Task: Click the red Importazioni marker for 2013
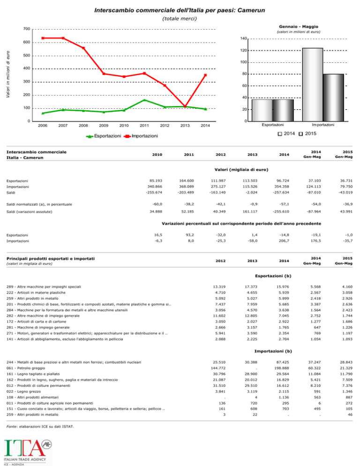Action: pyautogui.click(x=185, y=106)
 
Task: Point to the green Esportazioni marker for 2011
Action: pyautogui.click(x=144, y=100)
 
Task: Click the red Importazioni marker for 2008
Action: pyautogui.click(x=83, y=48)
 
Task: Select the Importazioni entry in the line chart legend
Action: pyautogui.click(x=141, y=136)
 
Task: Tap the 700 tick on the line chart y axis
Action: pyautogui.click(x=27, y=29)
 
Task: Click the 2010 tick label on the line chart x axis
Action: pyautogui.click(x=124, y=126)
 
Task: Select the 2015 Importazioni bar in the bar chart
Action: pyautogui.click(x=333, y=98)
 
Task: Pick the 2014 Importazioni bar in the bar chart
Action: pyautogui.click(x=313, y=85)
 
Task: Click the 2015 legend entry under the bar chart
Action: pyautogui.click(x=307, y=134)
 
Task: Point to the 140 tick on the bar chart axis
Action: pyautogui.click(x=243, y=38)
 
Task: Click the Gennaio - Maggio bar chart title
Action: pyautogui.click(x=299, y=26)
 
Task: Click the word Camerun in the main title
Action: pyautogui.click(x=251, y=10)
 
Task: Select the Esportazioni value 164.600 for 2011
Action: pyautogui.click(x=187, y=180)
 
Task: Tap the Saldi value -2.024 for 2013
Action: pyautogui.click(x=252, y=193)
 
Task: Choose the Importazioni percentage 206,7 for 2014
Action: pyautogui.click(x=284, y=241)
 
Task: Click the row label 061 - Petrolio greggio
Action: pyautogui.click(x=26, y=368)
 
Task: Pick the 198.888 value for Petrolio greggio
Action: pyautogui.click(x=282, y=368)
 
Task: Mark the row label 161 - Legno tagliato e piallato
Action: pyautogui.click(x=33, y=374)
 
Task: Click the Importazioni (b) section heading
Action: pyautogui.click(x=273, y=351)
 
